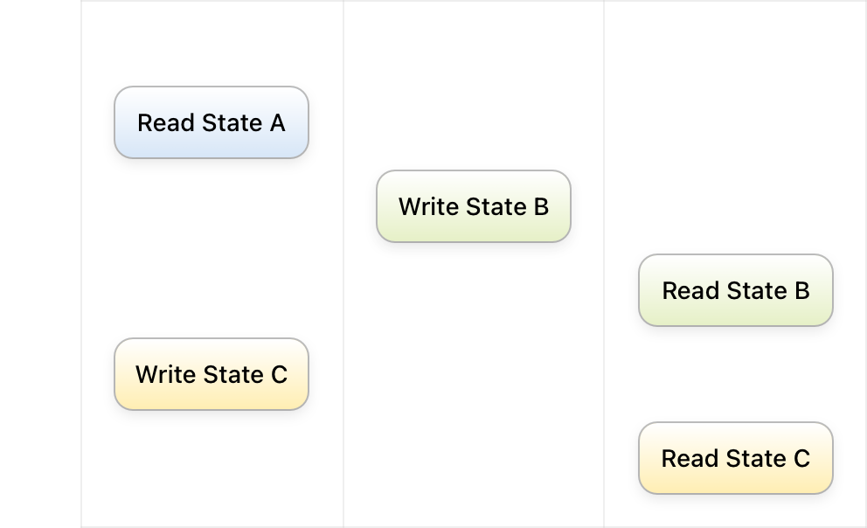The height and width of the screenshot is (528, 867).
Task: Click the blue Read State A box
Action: pyautogui.click(x=212, y=122)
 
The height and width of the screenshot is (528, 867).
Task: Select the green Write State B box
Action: pyautogui.click(x=474, y=206)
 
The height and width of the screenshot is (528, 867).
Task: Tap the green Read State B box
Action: pyautogui.click(x=735, y=290)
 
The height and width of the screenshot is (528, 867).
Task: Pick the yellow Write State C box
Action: pyautogui.click(x=212, y=374)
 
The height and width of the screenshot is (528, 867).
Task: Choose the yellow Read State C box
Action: pyautogui.click(x=735, y=458)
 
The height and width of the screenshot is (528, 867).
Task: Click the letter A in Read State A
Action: pyautogui.click(x=278, y=122)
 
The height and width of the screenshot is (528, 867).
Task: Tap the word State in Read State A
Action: pyautogui.click(x=232, y=122)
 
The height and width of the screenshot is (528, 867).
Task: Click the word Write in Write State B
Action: pyautogui.click(x=428, y=207)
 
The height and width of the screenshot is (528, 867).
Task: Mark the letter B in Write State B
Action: pyautogui.click(x=541, y=207)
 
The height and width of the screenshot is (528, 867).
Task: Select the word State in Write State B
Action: pyautogui.click(x=496, y=207)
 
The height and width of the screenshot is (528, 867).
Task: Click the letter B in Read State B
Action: pyautogui.click(x=802, y=291)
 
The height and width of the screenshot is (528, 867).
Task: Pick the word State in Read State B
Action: pyautogui.click(x=756, y=291)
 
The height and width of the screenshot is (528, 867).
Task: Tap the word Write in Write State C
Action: pyautogui.click(x=165, y=375)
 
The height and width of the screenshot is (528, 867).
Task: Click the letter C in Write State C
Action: pyautogui.click(x=279, y=375)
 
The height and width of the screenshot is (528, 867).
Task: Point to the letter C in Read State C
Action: pyautogui.click(x=802, y=459)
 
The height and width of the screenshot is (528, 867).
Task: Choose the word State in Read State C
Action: pyautogui.click(x=756, y=459)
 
